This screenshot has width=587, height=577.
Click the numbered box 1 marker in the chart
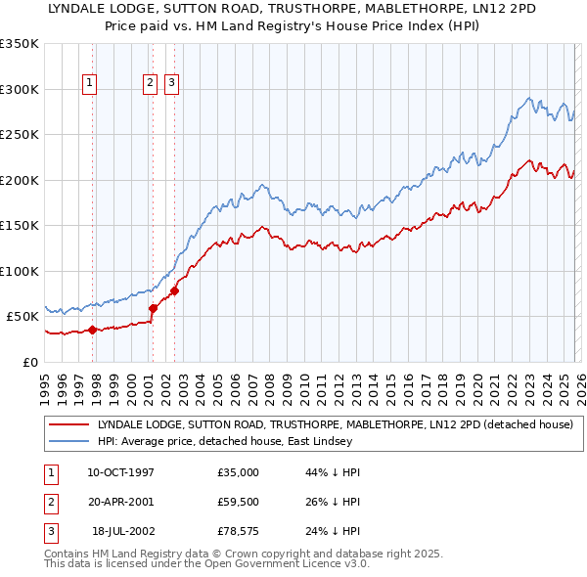[x=89, y=84]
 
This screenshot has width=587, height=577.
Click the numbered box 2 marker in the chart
[x=151, y=84]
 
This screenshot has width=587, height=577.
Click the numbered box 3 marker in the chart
[x=171, y=84]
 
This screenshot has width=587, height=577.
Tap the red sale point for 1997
[x=92, y=330]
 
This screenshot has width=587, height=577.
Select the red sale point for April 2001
[x=153, y=308]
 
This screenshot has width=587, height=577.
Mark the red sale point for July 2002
[x=174, y=290]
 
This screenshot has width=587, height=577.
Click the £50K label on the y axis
[x=23, y=317]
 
